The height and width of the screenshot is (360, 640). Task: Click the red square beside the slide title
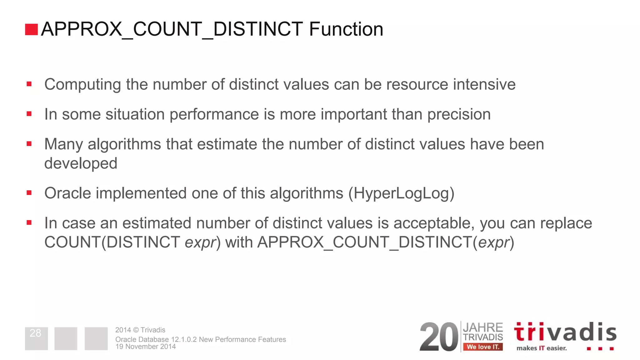[31, 29]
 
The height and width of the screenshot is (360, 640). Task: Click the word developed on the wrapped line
[81, 163]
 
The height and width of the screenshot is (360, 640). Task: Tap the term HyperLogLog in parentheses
[401, 193]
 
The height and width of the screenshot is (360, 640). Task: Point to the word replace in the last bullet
[566, 223]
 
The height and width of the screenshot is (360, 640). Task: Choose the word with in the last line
[239, 242]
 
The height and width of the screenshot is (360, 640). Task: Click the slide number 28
[35, 333]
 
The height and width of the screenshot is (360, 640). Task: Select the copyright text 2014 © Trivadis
[140, 330]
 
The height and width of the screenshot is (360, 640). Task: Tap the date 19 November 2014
[145, 347]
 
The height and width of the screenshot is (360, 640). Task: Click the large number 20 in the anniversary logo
[438, 337]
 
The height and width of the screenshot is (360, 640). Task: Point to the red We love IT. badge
[483, 347]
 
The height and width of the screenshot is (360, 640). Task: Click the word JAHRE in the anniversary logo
[483, 327]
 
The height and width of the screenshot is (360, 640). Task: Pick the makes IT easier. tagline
[542, 348]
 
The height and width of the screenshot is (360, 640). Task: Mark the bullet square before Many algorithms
[29, 144]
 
